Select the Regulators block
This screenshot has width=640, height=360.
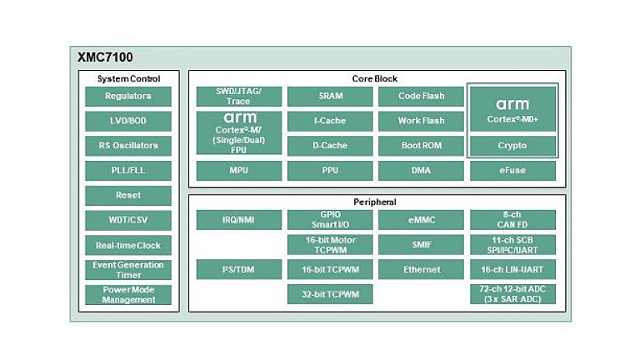tap(128, 96)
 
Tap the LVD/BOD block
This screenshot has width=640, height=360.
tap(128, 121)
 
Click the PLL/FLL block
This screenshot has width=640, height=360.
tap(128, 171)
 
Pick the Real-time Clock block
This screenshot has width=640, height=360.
tap(128, 246)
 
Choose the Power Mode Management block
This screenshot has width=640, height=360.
tap(128, 295)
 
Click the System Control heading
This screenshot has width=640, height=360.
tap(128, 78)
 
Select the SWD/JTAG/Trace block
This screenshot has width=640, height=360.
tap(238, 96)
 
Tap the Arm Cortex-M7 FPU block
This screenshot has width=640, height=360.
tap(238, 133)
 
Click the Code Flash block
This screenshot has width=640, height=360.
tap(421, 96)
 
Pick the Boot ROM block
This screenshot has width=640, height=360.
tap(421, 146)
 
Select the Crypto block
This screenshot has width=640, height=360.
tap(512, 146)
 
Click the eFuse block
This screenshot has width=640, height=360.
tap(512, 171)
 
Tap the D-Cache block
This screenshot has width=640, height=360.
tap(330, 146)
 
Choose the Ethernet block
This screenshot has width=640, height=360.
tap(421, 269)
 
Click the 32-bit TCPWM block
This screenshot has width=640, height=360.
tap(330, 294)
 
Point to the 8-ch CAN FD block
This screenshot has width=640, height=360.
tap(512, 220)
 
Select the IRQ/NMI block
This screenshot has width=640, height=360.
tap(238, 220)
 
